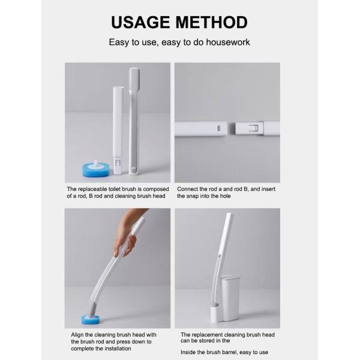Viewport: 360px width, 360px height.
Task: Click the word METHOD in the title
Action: (x=212, y=22)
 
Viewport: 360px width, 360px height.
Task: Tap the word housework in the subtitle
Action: (x=228, y=42)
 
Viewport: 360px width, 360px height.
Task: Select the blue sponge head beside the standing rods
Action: (x=96, y=169)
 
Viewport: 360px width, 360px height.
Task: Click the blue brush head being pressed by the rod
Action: (x=91, y=319)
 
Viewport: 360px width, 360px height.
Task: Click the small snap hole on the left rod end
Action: (x=218, y=128)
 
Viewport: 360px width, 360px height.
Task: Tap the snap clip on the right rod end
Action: (x=253, y=128)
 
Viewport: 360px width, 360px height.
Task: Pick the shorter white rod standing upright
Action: (x=118, y=130)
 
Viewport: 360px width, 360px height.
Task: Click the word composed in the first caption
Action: (x=156, y=189)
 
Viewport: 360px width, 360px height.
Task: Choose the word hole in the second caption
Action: (x=225, y=196)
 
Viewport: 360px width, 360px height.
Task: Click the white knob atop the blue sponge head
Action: (x=96, y=163)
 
